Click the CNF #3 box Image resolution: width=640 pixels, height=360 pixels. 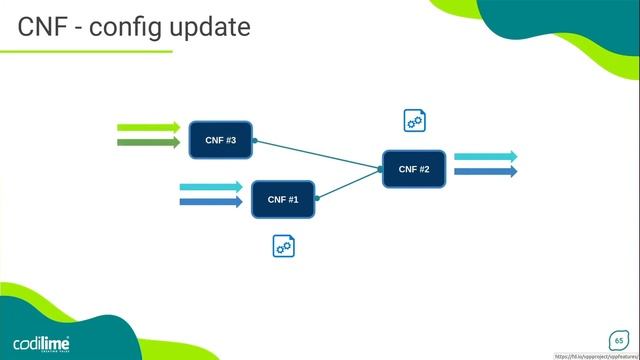[221, 140]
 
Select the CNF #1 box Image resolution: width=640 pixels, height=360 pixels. [283, 199]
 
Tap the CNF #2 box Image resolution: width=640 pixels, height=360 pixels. [414, 169]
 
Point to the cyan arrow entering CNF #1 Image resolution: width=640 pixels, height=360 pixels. [210, 187]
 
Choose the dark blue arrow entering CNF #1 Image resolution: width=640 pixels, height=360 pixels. [210, 202]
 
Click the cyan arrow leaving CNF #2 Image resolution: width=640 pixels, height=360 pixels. [485, 157]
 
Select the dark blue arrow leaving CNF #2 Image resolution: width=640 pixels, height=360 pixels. [485, 171]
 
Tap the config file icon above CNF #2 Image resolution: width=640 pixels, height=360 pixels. [415, 121]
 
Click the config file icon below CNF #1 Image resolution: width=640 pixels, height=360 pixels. [284, 245]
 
